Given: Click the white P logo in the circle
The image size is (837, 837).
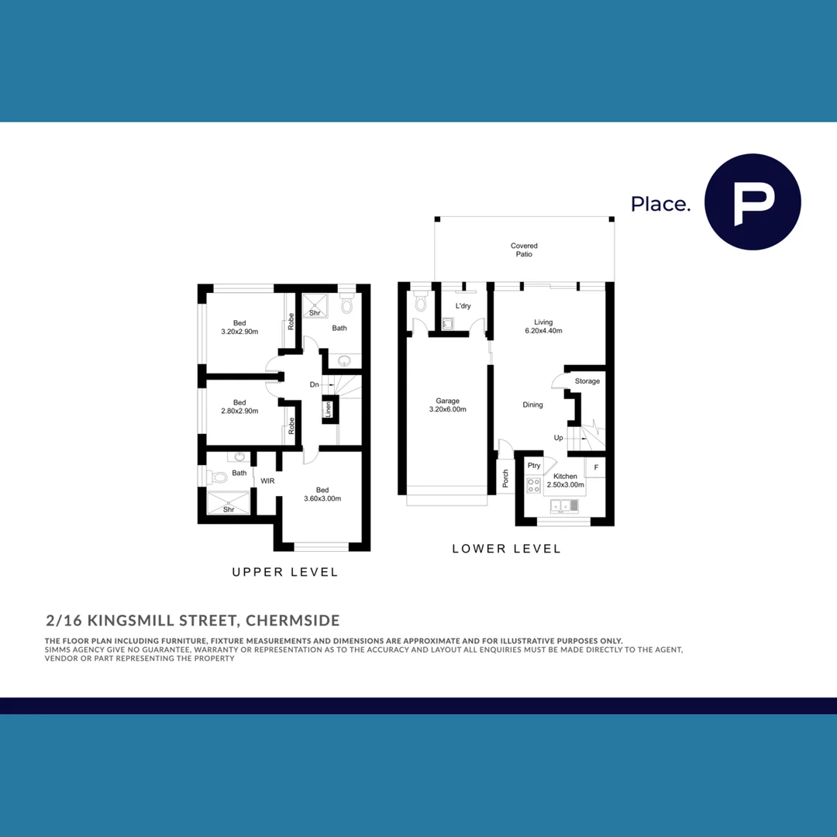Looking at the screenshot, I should point(753,203).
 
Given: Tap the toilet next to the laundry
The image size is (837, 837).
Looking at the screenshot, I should point(420,301).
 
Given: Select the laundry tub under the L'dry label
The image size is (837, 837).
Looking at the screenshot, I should point(447,324).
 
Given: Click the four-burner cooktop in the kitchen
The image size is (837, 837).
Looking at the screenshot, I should point(534,486).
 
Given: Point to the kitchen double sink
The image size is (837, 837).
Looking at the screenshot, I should point(565,507).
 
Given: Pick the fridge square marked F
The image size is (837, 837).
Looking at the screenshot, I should point(595,467).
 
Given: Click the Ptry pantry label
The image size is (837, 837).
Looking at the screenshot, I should point(534,466).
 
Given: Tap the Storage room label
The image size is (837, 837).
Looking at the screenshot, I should point(587,381).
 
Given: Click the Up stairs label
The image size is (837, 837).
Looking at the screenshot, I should point(558,438).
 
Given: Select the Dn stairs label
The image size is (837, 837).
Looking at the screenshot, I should point(314,384).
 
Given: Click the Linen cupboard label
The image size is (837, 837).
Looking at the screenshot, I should point(328,409).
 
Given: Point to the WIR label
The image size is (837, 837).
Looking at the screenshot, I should point(267,481).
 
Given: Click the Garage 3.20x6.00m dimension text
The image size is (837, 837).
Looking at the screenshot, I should point(447,409).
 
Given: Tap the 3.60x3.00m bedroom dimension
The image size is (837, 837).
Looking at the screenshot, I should point(322,498).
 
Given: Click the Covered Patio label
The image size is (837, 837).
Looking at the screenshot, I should point(524,250).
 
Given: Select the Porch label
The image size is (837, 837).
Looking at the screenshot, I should point(505,478).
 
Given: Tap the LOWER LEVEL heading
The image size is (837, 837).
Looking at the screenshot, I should point(506,549).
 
